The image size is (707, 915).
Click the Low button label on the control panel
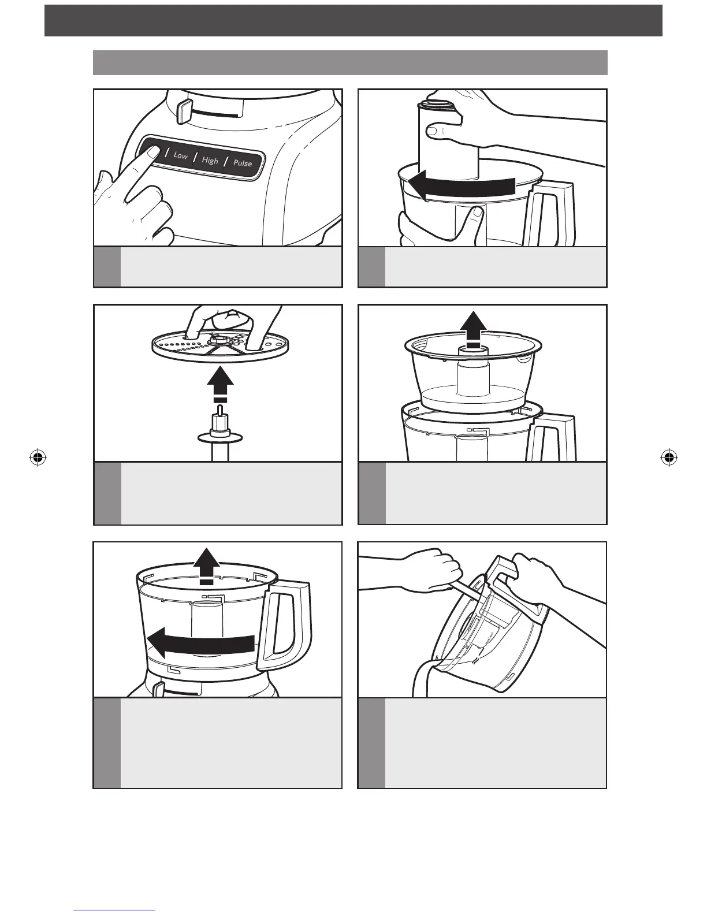181,155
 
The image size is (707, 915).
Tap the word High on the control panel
210,160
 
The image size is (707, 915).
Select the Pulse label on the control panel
243,163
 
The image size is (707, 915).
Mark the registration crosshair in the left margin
38,458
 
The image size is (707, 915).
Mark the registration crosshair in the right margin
668,458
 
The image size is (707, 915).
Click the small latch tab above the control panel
184,110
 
